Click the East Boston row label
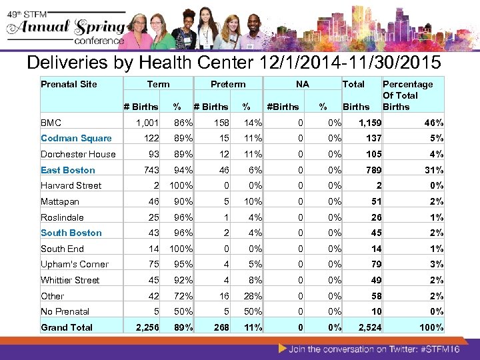click(68, 170)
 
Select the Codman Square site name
click(76, 138)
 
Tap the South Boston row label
click(71, 233)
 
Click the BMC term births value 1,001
click(147, 123)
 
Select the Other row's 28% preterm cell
click(252, 296)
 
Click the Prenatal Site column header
click(69, 84)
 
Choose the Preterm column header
click(228, 84)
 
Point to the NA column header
click(303, 84)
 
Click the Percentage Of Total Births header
click(407, 95)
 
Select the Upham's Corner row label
click(75, 264)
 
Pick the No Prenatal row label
click(65, 311)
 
